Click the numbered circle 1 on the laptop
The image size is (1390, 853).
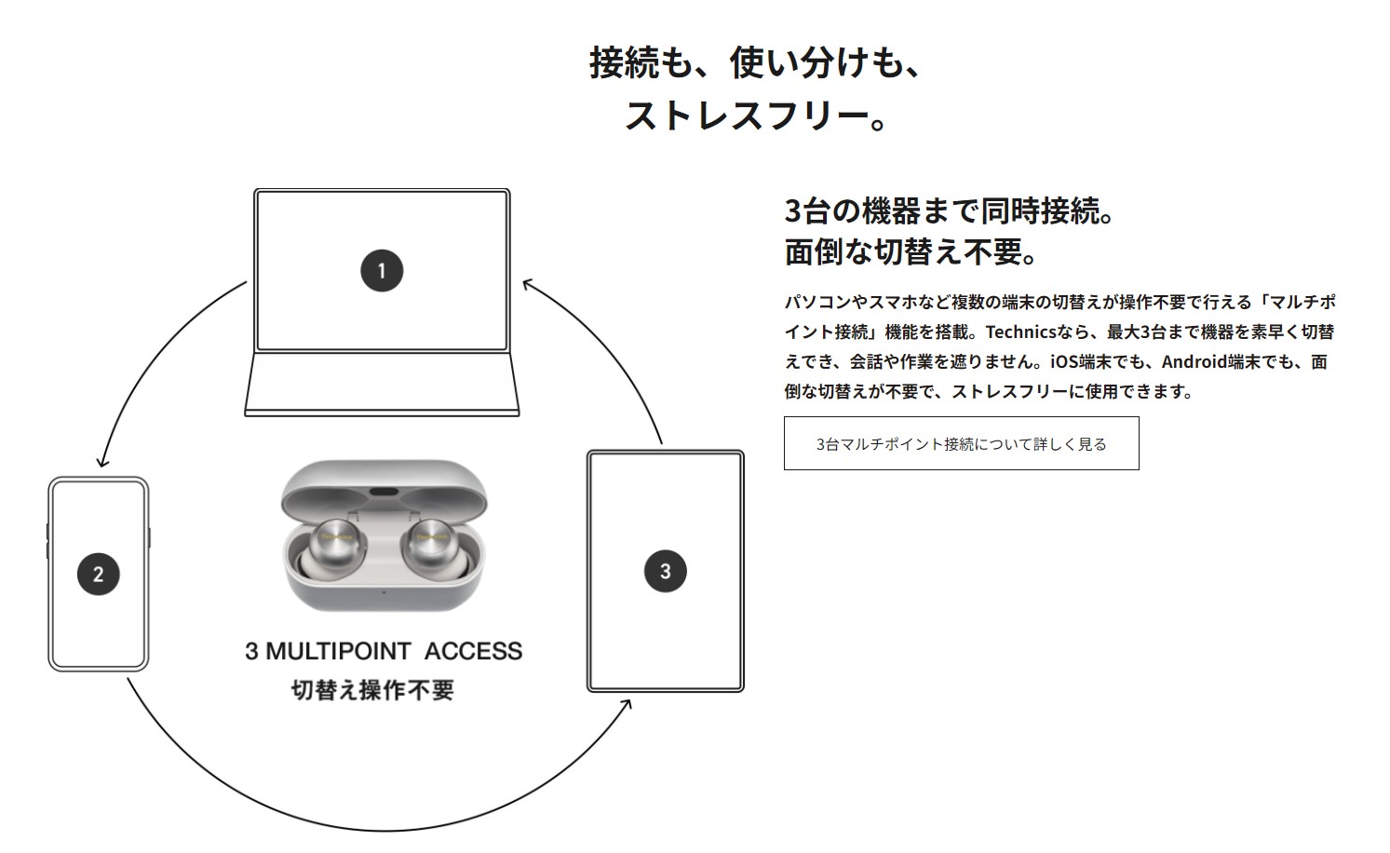coord(382,271)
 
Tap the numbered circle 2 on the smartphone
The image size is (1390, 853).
coord(98,574)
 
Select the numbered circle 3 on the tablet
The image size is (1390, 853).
coord(665,572)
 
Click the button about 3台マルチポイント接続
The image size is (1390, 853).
coord(961,443)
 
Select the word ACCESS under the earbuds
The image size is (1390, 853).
coord(473,651)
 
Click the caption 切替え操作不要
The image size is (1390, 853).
coord(372,690)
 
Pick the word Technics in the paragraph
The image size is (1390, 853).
coord(1020,332)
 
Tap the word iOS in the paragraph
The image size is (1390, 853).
coord(1064,361)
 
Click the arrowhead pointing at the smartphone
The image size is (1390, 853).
coord(102,461)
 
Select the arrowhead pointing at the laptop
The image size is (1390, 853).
coord(528,284)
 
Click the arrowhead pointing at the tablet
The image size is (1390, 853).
coord(627,705)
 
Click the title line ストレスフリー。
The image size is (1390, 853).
coord(756,116)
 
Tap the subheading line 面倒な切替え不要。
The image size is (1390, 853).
coord(911,252)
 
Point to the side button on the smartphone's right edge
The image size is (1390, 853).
coord(149,538)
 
